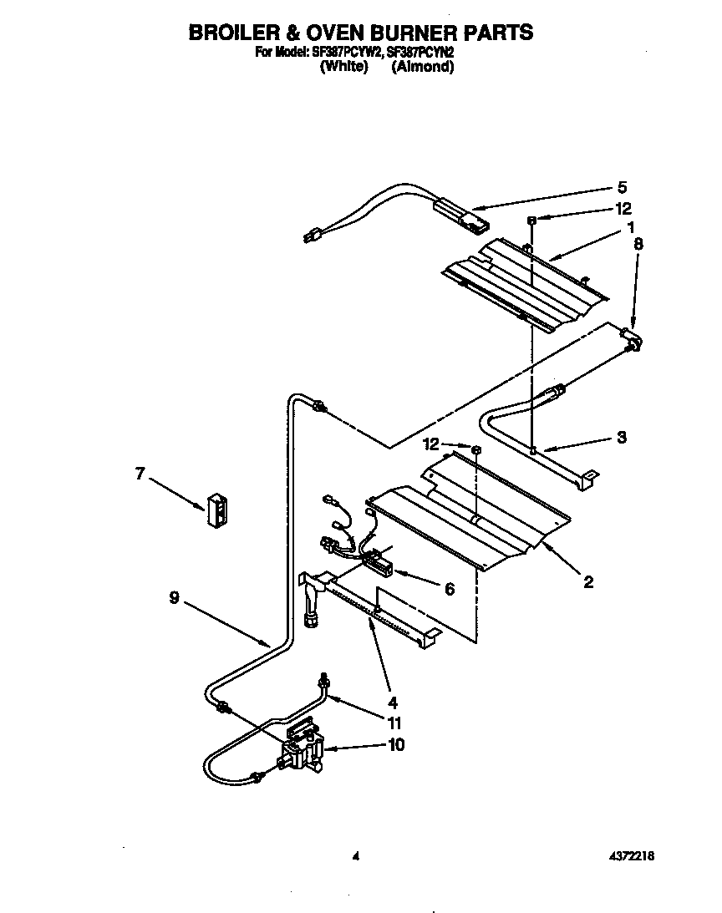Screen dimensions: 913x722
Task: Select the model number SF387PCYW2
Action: point(339,53)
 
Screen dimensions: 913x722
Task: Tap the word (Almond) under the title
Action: point(422,67)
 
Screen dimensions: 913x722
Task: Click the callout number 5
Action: point(621,187)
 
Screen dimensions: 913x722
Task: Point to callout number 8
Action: point(638,244)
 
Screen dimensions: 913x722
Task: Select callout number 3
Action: point(621,438)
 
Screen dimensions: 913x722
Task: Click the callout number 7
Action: point(140,474)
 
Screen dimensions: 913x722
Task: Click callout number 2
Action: point(588,582)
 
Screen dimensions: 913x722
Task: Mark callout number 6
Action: point(449,589)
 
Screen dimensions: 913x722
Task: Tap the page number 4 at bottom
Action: point(355,855)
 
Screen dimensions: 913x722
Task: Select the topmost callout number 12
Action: point(623,209)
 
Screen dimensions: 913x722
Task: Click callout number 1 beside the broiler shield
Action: point(631,226)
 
